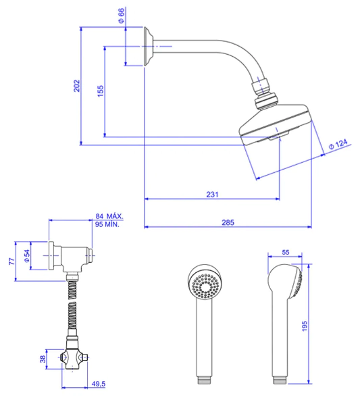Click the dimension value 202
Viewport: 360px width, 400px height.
click(77, 86)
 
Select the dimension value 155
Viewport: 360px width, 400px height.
click(101, 91)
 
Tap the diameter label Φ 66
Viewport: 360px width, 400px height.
click(122, 16)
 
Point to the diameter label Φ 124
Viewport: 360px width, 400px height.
click(338, 145)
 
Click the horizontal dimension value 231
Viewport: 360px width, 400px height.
click(212, 195)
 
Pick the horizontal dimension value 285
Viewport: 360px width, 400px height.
click(228, 223)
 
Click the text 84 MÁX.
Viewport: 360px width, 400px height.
click(109, 216)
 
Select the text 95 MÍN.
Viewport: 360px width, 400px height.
click(107, 224)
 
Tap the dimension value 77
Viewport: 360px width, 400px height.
click(12, 261)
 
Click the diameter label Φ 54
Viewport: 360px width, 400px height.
click(27, 256)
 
